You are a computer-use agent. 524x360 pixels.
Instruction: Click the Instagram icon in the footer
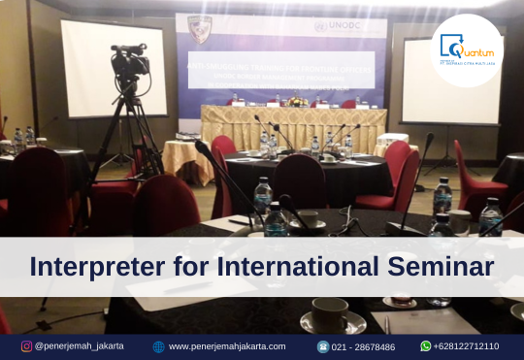[26, 346]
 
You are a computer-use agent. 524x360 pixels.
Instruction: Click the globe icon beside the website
[158, 346]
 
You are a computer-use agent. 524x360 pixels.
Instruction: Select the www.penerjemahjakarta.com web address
[227, 346]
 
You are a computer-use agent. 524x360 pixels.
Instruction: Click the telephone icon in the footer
[323, 346]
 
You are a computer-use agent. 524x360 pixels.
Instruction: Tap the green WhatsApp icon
[426, 346]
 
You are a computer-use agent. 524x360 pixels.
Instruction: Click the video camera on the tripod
[129, 62]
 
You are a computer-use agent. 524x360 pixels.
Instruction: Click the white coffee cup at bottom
[330, 314]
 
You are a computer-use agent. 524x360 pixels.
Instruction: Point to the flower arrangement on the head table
[295, 100]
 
